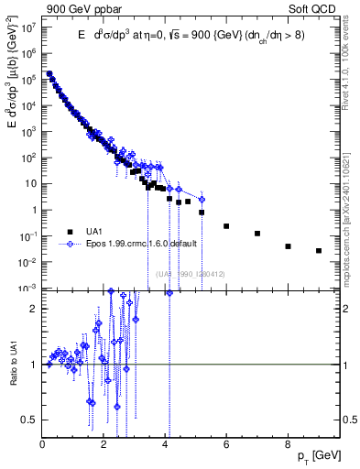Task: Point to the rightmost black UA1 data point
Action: tap(319, 250)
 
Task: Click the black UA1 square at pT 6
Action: tap(226, 225)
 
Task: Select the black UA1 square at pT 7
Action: tap(257, 234)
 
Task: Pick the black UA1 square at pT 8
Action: tap(288, 246)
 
